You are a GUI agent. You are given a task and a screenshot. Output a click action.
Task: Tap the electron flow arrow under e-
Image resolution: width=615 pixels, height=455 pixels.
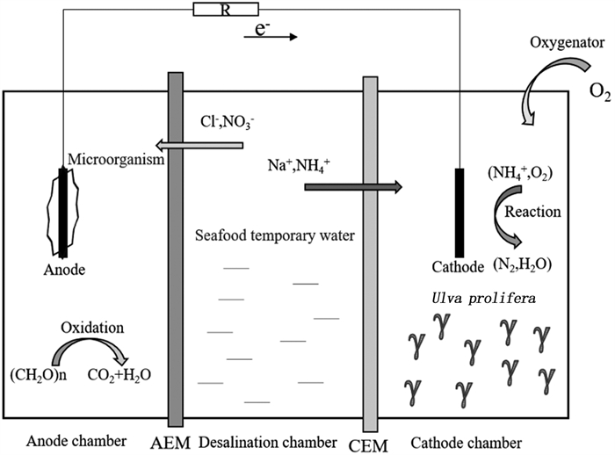click(277, 38)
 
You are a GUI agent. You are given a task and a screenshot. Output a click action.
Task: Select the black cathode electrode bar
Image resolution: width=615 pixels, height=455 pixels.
click(459, 212)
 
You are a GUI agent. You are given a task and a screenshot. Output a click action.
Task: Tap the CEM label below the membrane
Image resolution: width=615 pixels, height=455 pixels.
click(370, 444)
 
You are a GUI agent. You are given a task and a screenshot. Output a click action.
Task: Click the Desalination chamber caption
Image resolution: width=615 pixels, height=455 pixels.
click(267, 440)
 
